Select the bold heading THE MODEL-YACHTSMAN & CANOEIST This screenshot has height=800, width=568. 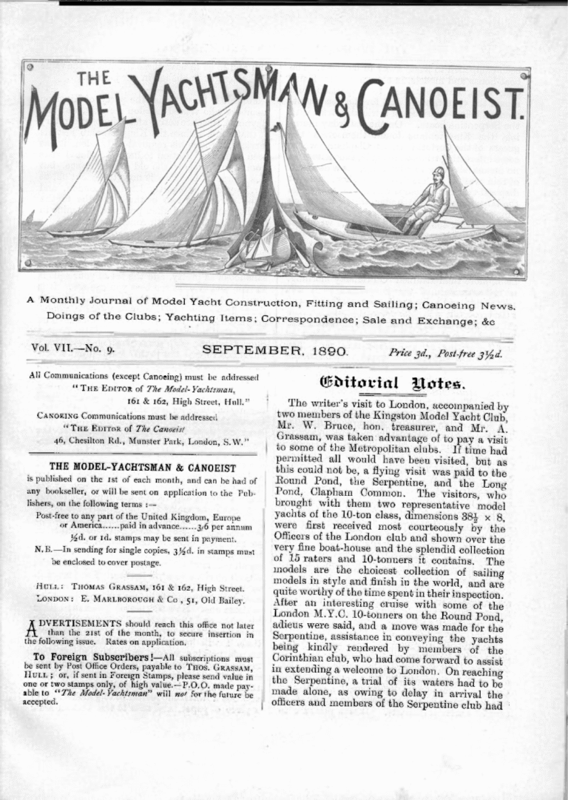(141, 468)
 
